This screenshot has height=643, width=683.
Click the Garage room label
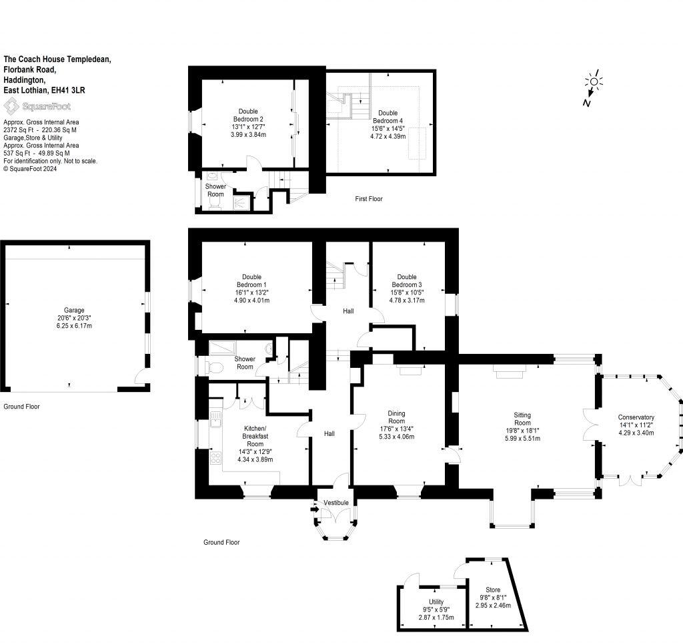74,310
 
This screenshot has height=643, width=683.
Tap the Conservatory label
636,417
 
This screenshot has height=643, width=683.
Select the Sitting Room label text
522,419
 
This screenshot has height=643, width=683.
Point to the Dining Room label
396,417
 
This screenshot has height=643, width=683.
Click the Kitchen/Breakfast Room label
255,437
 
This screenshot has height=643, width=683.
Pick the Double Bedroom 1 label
251,280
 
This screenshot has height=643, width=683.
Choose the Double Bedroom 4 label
388,117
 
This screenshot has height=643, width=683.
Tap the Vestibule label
336,503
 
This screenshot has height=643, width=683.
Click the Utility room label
436,602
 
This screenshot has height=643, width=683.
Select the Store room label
493,590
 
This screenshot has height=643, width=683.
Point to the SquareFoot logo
37,106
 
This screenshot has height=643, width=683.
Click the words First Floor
368,199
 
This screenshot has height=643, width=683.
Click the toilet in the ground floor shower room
215,368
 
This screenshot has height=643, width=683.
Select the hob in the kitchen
215,457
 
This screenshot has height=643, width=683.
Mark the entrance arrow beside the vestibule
315,509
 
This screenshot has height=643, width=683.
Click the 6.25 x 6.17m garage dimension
74,326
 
